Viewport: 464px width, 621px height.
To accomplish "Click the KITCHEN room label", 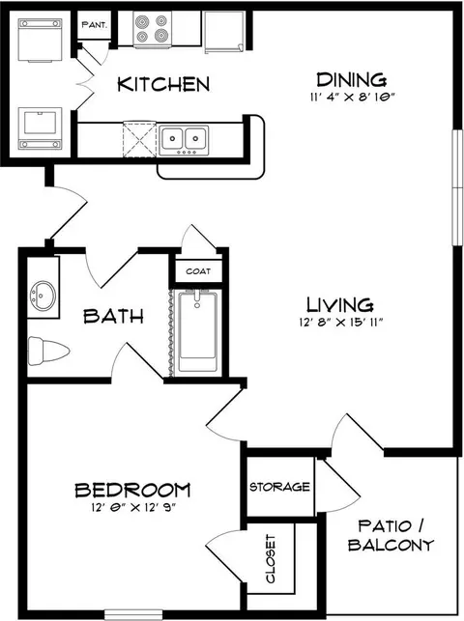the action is click(163, 84).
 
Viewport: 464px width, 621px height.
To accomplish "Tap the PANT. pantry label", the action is click(95, 25).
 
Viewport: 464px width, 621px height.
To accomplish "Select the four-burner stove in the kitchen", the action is click(153, 28).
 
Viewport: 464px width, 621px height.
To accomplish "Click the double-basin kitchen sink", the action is click(184, 140).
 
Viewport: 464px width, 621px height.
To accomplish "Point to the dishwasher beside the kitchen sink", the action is click(139, 139).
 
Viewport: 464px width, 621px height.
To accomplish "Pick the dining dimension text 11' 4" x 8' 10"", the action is click(352, 97).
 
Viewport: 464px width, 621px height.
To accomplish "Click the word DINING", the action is click(351, 79).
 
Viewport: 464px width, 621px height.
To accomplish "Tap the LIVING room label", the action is click(340, 305).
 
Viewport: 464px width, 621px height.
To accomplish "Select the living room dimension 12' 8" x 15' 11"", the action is click(340, 323).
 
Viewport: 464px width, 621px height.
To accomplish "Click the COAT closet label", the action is click(198, 271).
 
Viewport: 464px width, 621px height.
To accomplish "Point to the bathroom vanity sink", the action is click(43, 296).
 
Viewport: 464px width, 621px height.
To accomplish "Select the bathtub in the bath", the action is click(197, 330).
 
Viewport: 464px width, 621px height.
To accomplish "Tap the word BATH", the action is click(113, 316).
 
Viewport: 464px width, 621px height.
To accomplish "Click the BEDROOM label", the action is click(132, 490).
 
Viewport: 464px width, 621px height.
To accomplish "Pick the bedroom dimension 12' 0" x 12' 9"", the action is click(132, 507).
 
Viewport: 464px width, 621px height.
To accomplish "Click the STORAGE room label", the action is click(279, 487).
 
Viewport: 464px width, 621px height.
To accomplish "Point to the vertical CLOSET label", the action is click(271, 559).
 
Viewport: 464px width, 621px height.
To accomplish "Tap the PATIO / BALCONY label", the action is click(391, 535).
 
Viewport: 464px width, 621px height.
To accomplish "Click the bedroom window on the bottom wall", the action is click(133, 614).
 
